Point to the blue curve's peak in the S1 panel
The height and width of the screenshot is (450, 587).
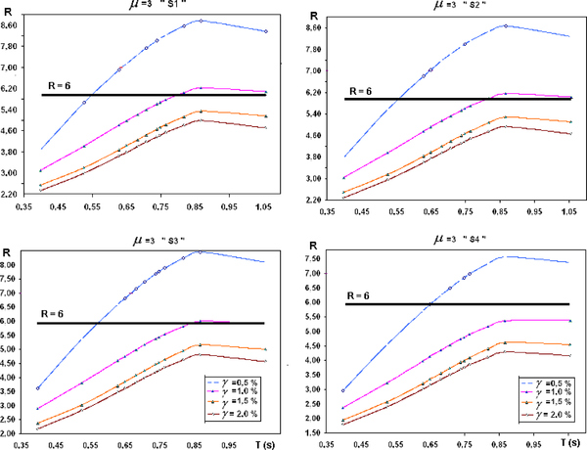click(x=200, y=20)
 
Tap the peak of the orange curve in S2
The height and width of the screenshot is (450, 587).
click(x=505, y=116)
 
